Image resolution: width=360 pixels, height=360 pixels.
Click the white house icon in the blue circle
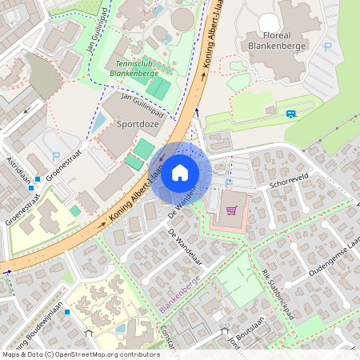tap(180, 172)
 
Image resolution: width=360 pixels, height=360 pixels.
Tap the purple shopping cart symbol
tap(232, 210)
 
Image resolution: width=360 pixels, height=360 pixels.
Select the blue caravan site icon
tap(290, 114)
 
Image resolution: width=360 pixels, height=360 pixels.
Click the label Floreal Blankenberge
tap(274, 41)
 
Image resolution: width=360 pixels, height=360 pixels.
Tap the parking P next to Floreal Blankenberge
tap(327, 47)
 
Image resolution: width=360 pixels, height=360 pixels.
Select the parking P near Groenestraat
tap(56, 156)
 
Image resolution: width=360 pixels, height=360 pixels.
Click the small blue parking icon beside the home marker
tap(229, 182)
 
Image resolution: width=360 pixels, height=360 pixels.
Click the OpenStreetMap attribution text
tap(80, 354)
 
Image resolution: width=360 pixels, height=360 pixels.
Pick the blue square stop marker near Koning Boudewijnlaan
tap(67, 311)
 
